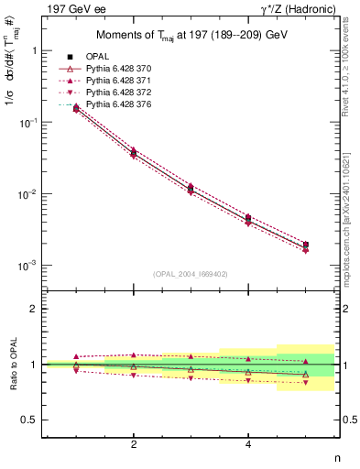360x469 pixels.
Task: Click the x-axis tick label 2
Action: pyautogui.click(x=134, y=444)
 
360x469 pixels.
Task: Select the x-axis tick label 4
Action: pyautogui.click(x=248, y=444)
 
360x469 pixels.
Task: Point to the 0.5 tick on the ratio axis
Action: pyautogui.click(x=29, y=420)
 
